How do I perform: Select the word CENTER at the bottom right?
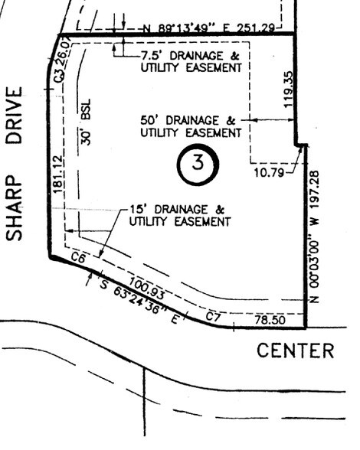click(x=295, y=351)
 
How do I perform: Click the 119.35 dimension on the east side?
click(x=289, y=89)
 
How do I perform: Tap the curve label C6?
click(x=77, y=260)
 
